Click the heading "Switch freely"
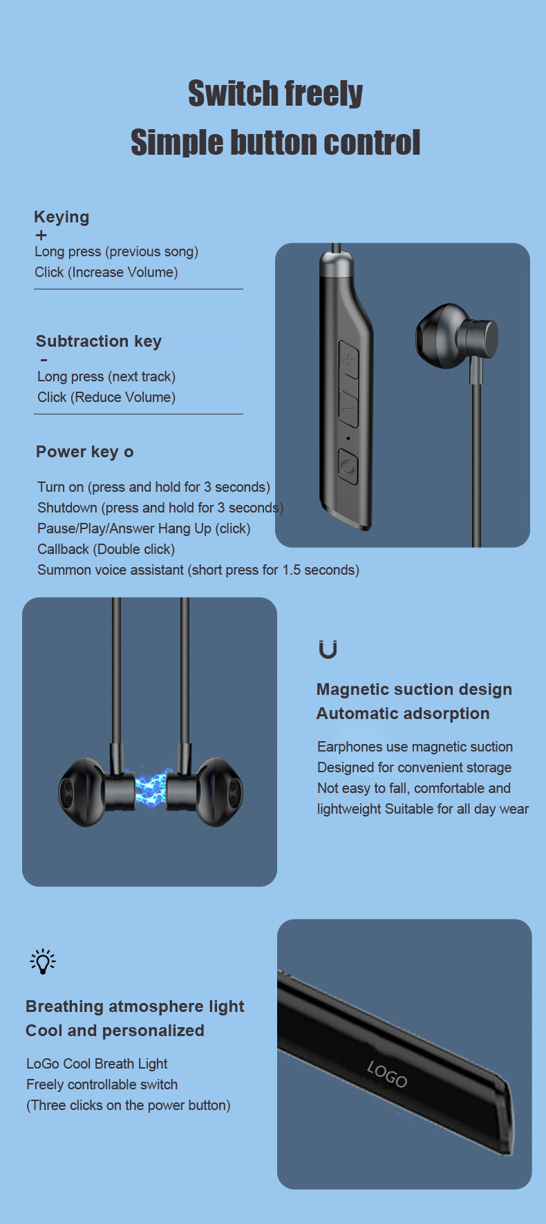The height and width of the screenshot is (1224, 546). (275, 94)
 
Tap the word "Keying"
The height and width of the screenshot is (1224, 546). (62, 217)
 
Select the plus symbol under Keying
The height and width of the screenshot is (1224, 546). (41, 236)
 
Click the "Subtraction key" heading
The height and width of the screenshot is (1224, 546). (99, 341)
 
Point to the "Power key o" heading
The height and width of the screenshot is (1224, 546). (84, 452)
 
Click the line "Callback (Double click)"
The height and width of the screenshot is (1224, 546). (106, 549)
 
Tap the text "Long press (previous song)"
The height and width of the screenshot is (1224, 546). (116, 251)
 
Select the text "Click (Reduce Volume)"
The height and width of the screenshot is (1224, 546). (106, 397)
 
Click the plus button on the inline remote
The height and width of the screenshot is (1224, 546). (349, 359)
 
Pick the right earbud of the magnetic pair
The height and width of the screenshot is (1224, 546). (205, 792)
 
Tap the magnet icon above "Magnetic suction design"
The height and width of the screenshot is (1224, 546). (328, 649)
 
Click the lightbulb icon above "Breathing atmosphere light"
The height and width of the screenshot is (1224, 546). (43, 961)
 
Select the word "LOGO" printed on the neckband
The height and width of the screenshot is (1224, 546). (387, 1074)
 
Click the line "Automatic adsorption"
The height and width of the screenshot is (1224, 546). (403, 714)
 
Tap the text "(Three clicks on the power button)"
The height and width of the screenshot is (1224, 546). (129, 1105)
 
